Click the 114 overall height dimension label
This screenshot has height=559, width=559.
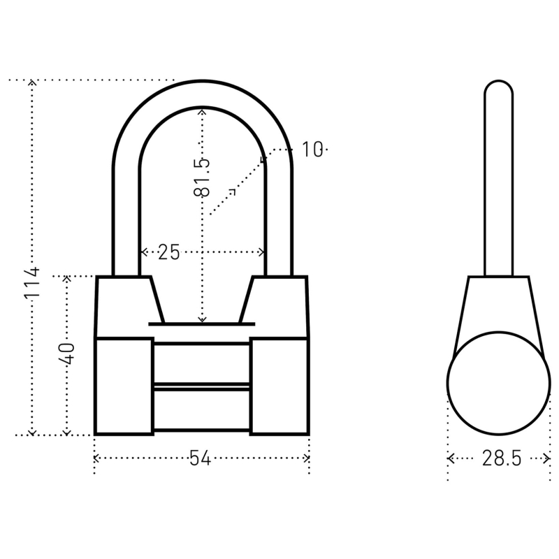[32, 283]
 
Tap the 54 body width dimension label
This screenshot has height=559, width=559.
[201, 458]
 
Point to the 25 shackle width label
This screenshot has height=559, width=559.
[168, 252]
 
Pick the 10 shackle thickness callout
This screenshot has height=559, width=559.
[312, 149]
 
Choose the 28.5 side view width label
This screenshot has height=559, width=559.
[502, 458]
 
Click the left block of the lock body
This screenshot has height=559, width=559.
[124, 386]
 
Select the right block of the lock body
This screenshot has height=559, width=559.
[279, 386]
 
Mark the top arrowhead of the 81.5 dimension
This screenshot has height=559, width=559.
[202, 110]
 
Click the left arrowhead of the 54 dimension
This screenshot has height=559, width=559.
[96, 458]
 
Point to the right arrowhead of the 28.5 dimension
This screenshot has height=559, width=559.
[549, 458]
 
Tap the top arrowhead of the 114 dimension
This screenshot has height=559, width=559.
[32, 82]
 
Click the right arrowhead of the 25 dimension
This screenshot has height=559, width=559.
[262, 252]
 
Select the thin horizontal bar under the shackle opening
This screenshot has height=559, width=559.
[202, 324]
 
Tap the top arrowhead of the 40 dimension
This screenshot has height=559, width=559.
[67, 279]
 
